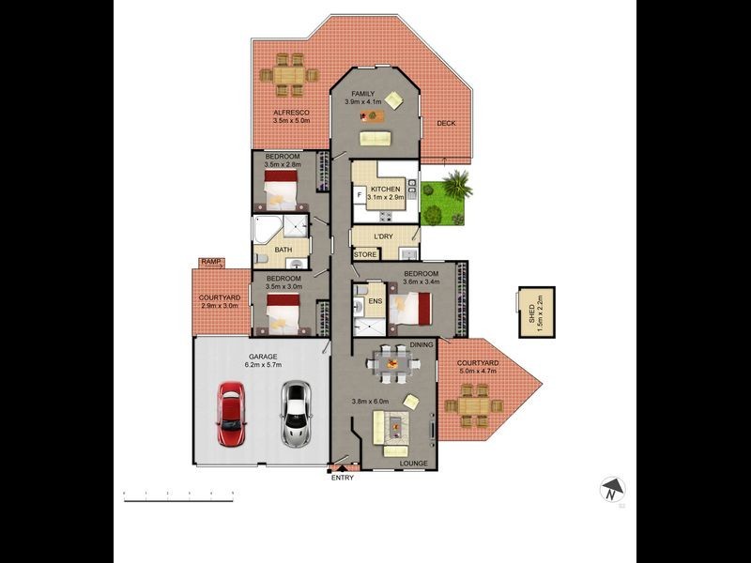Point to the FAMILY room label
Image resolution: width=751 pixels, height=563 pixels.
[x=363, y=95]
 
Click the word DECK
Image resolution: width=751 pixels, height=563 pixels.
[x=445, y=123]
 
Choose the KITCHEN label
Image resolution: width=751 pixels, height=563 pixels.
[x=385, y=190]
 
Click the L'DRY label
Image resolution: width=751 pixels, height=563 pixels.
[x=383, y=236]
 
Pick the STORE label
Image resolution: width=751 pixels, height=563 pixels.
[x=365, y=255]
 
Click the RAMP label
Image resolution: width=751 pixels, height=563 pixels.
[x=208, y=263]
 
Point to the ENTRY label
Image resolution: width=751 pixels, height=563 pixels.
[x=343, y=479]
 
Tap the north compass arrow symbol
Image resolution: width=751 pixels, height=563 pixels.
[x=612, y=489]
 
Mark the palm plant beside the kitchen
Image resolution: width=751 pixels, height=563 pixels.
[x=457, y=184]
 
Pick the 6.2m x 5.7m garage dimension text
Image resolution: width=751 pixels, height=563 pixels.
[x=264, y=364]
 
